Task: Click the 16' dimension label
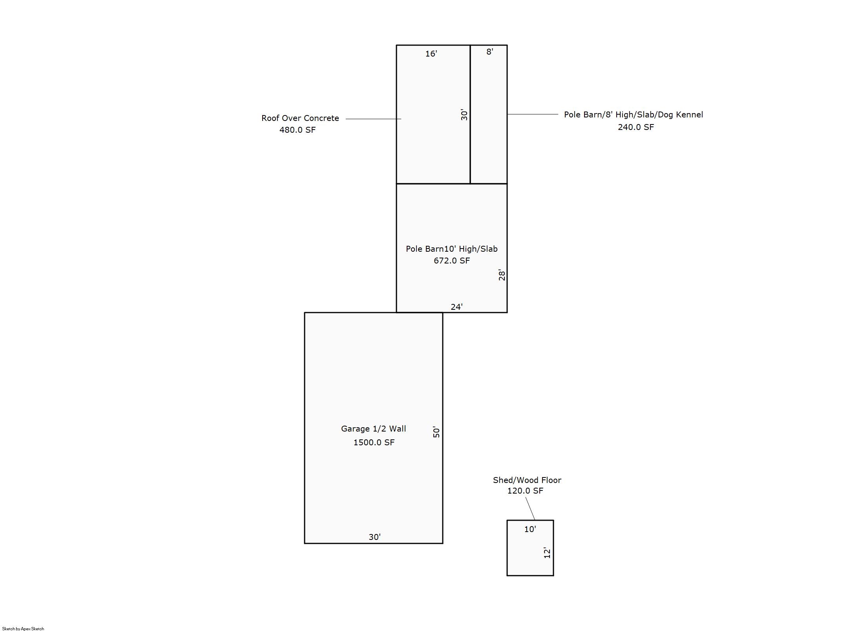(431, 54)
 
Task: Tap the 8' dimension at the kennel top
(489, 52)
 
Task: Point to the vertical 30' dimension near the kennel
(464, 115)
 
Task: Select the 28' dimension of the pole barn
(502, 275)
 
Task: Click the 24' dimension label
(456, 307)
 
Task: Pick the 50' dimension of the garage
(436, 432)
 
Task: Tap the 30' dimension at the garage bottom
(374, 537)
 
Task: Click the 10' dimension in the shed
(530, 529)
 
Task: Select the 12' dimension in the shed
(547, 553)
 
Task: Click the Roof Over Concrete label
(300, 118)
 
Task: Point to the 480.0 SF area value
(298, 130)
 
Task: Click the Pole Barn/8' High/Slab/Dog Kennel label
(634, 115)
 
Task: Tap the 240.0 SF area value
(636, 127)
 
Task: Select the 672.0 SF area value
(452, 261)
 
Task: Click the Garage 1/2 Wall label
(373, 429)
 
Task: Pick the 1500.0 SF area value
(374, 443)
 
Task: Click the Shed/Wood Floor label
(527, 480)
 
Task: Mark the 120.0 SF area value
(525, 491)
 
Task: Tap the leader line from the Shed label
(530, 508)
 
